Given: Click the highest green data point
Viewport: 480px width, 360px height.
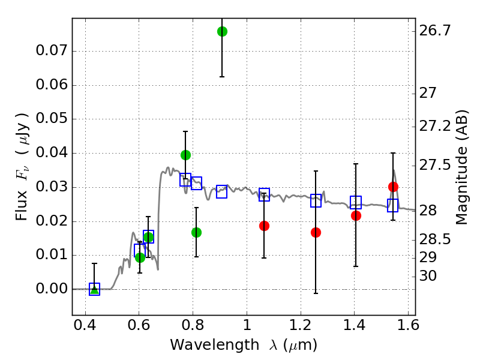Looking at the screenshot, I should (222, 31).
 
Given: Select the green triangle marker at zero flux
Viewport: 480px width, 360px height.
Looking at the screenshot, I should (94, 289).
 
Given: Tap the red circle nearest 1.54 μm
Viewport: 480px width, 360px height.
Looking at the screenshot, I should (393, 187).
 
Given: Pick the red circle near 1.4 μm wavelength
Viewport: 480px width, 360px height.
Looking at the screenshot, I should (356, 215).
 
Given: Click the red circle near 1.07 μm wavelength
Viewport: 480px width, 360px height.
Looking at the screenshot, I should (264, 226).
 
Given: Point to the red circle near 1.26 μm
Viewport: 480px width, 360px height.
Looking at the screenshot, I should (316, 232).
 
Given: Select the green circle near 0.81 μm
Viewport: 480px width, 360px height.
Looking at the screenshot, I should (196, 232).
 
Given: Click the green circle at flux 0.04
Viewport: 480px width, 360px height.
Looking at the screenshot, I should (185, 155).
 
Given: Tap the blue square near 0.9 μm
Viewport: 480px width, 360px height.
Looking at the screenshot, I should (221, 192).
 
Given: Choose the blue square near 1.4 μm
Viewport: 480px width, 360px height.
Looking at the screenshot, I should (356, 202).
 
